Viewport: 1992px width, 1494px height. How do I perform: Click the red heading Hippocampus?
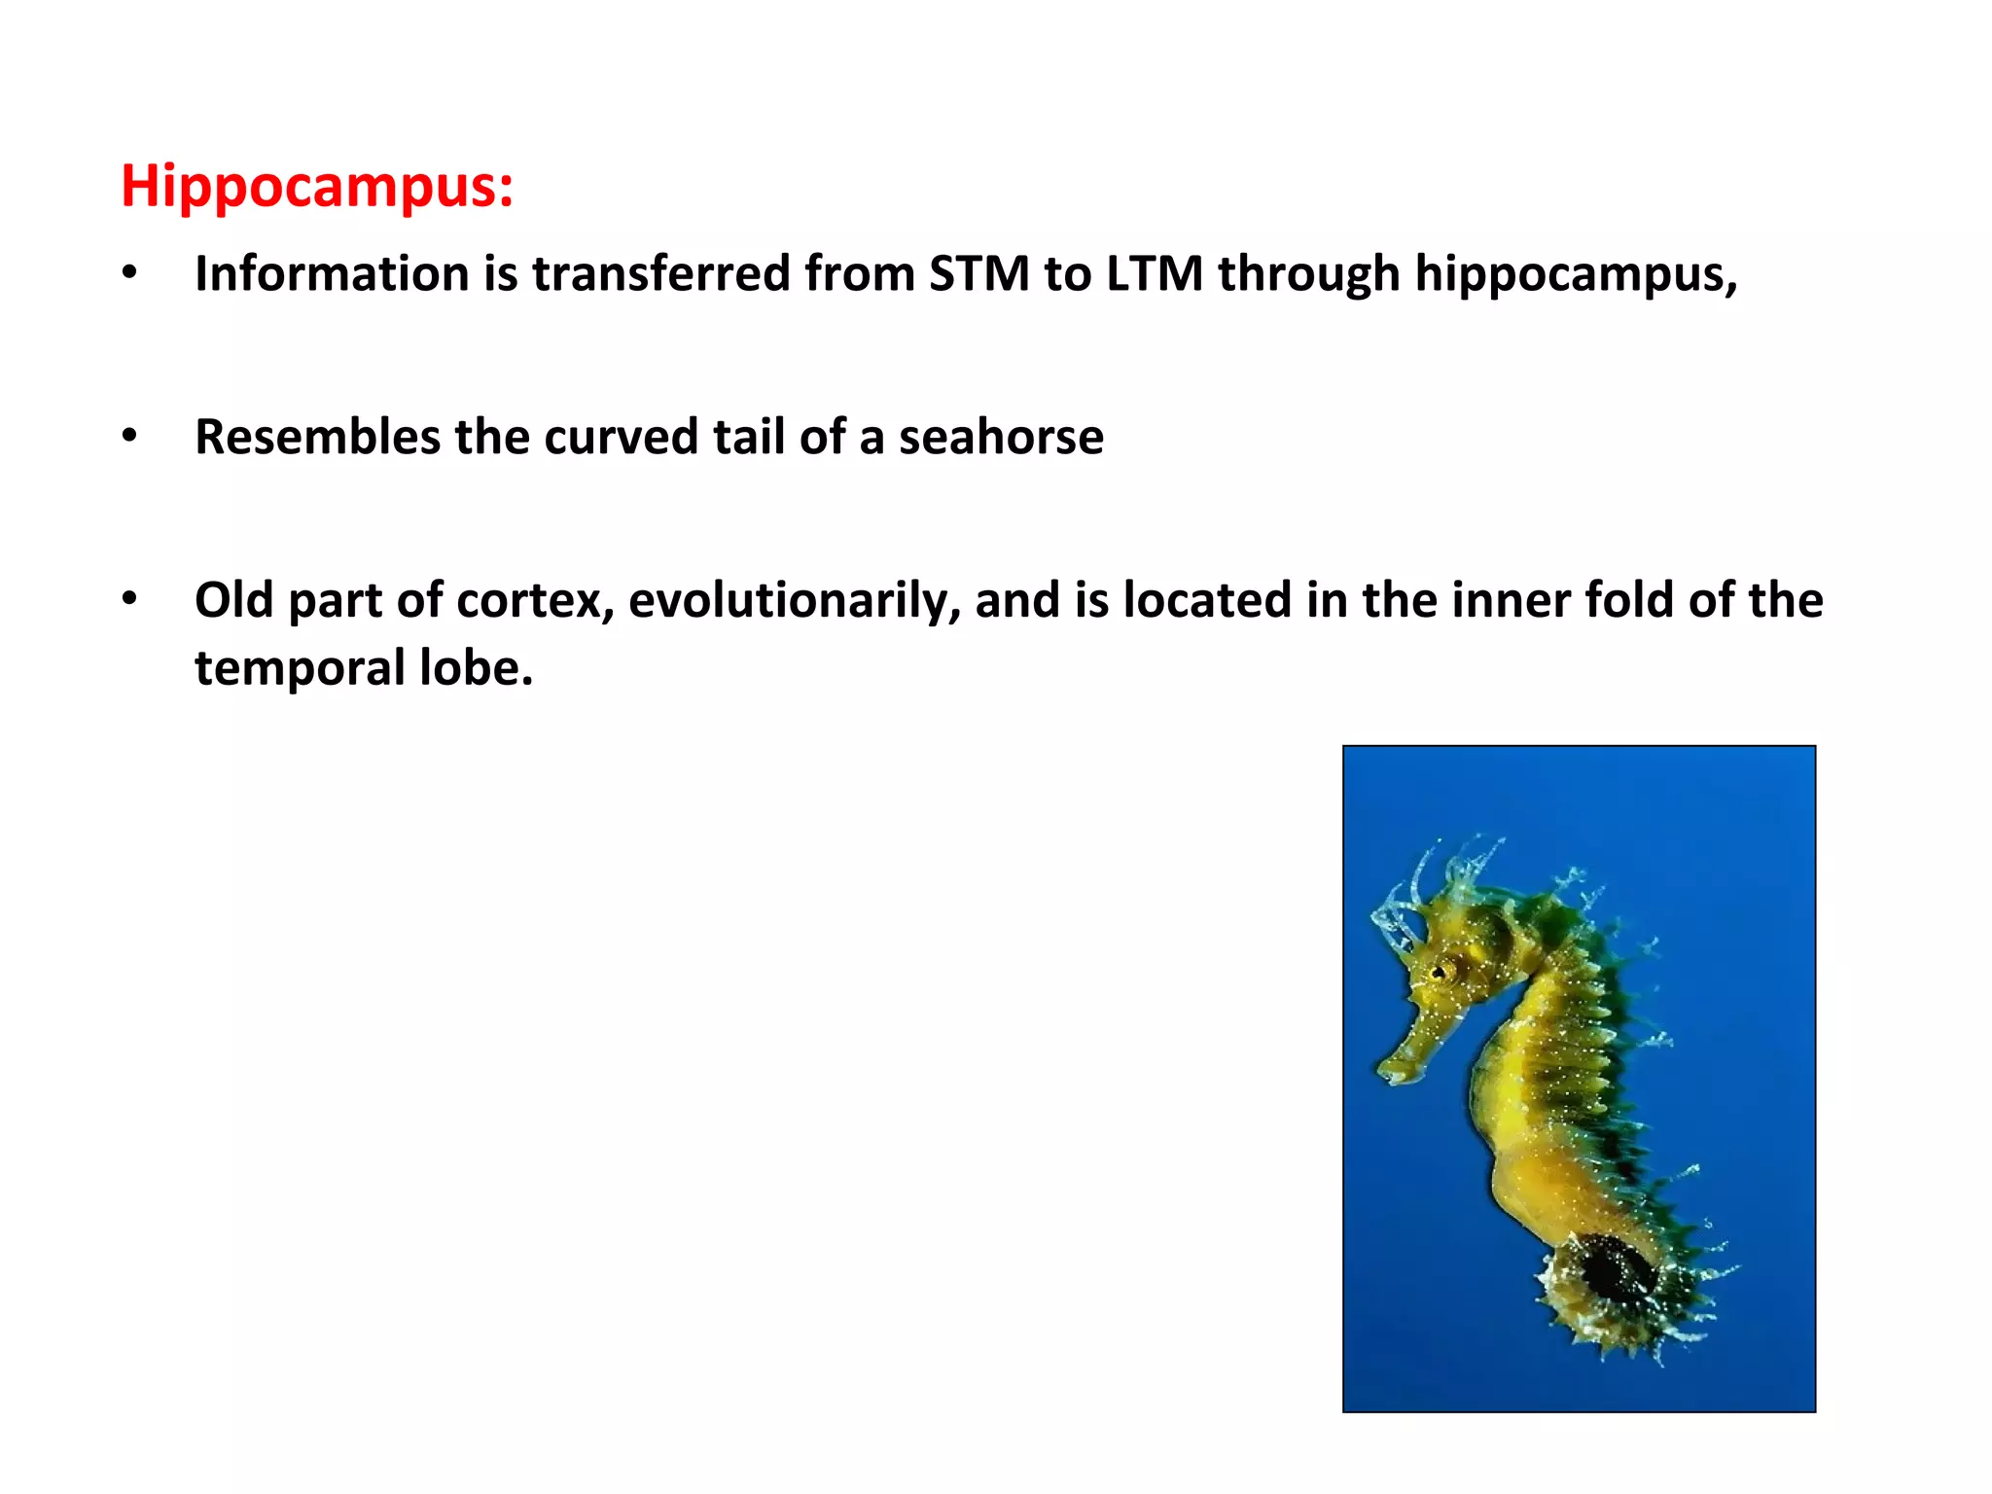pyautogui.click(x=317, y=185)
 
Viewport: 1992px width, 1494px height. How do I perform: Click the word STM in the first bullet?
pyautogui.click(x=978, y=273)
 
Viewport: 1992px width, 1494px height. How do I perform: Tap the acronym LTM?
pyautogui.click(x=1155, y=273)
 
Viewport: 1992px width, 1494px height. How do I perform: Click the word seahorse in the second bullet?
pyautogui.click(x=1001, y=437)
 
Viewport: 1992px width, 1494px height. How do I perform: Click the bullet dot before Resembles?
pyautogui.click(x=129, y=437)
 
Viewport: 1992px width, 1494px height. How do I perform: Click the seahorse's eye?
pyautogui.click(x=1441, y=971)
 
